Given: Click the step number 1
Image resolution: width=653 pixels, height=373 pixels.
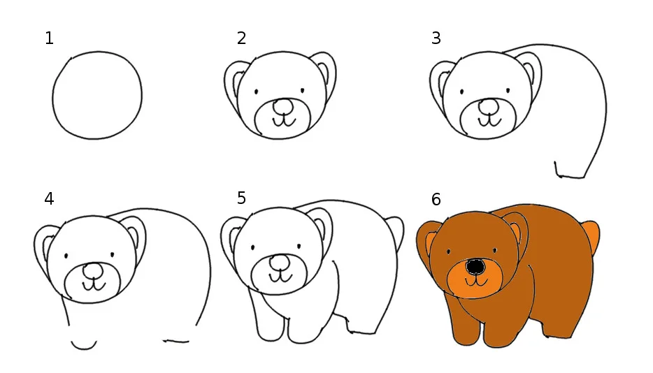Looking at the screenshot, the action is tap(49, 38).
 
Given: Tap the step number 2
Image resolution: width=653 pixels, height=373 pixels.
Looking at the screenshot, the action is tap(241, 38).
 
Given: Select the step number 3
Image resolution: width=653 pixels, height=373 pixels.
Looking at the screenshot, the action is tap(436, 38).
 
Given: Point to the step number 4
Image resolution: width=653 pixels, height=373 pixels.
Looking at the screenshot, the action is tap(49, 199).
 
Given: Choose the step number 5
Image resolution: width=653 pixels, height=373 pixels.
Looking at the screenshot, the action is tap(241, 198).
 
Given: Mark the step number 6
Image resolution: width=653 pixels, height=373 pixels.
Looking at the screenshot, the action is tap(436, 199).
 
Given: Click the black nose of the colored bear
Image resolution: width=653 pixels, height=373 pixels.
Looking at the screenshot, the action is tap(475, 267).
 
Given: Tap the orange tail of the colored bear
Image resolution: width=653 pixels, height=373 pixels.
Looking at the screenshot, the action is tap(591, 235).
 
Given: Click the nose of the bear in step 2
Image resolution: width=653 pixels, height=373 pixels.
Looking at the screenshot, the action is tap(283, 107).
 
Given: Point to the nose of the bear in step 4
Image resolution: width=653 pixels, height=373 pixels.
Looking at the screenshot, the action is tap(93, 270).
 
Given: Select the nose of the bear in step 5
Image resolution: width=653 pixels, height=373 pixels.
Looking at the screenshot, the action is tap(280, 263).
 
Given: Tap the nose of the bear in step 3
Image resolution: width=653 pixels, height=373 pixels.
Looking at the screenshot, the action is tap(489, 106).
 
